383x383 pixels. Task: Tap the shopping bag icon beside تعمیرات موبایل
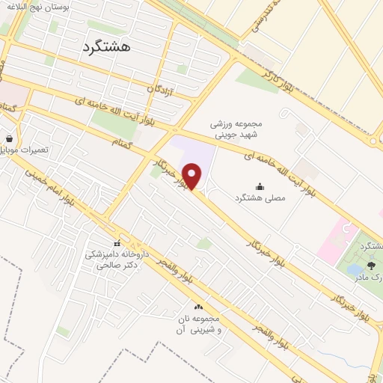point(8,139)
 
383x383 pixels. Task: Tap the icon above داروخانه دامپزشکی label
point(117,244)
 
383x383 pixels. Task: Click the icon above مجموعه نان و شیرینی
point(198,307)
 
